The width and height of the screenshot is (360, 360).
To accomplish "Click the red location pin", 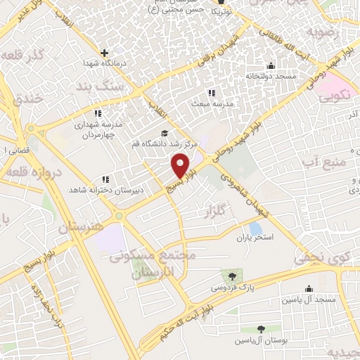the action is [181, 167].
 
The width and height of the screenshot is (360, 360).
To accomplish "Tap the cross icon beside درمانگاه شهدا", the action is [105, 52].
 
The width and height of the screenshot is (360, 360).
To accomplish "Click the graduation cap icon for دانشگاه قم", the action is [165, 134].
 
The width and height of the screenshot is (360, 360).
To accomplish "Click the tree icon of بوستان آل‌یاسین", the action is [261, 328].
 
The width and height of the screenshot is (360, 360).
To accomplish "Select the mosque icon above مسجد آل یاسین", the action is [308, 288].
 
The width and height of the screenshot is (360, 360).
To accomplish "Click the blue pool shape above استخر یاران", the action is [256, 228].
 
